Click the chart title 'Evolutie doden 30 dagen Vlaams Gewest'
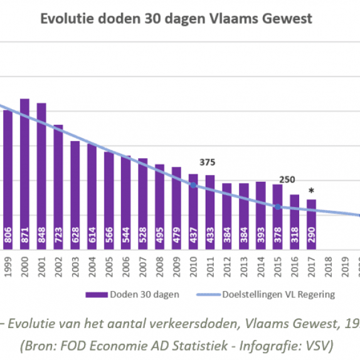click(x=176, y=19)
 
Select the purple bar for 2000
click(x=24, y=174)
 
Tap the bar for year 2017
click(x=311, y=225)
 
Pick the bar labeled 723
click(x=58, y=187)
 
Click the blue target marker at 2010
click(x=193, y=185)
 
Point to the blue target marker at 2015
click(x=278, y=207)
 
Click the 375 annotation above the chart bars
click(x=208, y=162)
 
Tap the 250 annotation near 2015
click(x=287, y=179)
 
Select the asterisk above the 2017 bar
click(x=311, y=191)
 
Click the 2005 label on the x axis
click(x=109, y=267)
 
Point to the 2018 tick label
click(x=328, y=267)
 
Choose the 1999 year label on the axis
click(x=8, y=267)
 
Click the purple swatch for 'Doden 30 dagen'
click(x=97, y=295)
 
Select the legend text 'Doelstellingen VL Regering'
click(x=278, y=294)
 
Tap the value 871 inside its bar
click(x=24, y=235)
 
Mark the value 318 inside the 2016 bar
click(x=295, y=235)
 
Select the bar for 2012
click(x=227, y=216)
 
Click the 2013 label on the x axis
click(x=244, y=267)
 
